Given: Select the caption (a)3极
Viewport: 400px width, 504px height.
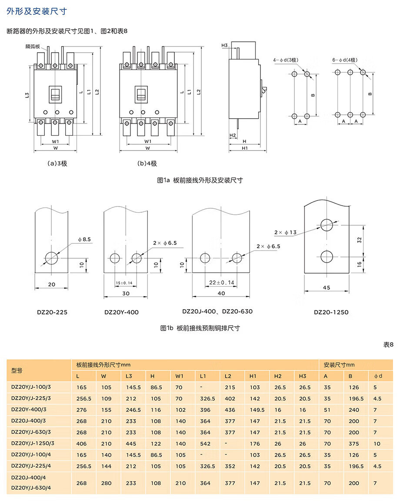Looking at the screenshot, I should click(x=57, y=164).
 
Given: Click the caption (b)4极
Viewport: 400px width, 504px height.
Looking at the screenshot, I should click(x=147, y=164).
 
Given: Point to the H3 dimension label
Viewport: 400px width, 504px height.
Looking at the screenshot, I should click(x=224, y=46).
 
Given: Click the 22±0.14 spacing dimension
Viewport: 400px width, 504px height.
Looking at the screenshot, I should click(x=222, y=283).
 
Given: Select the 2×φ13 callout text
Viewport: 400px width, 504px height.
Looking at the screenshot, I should click(x=285, y=233).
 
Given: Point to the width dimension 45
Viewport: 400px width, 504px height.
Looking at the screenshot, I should click(x=327, y=287).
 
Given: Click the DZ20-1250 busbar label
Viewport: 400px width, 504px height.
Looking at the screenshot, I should click(x=331, y=312).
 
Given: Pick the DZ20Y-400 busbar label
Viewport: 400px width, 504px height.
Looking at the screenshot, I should click(x=121, y=312).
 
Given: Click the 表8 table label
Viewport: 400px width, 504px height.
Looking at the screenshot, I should click(x=388, y=344).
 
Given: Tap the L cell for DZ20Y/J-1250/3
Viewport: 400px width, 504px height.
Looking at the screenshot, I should click(x=81, y=444).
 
